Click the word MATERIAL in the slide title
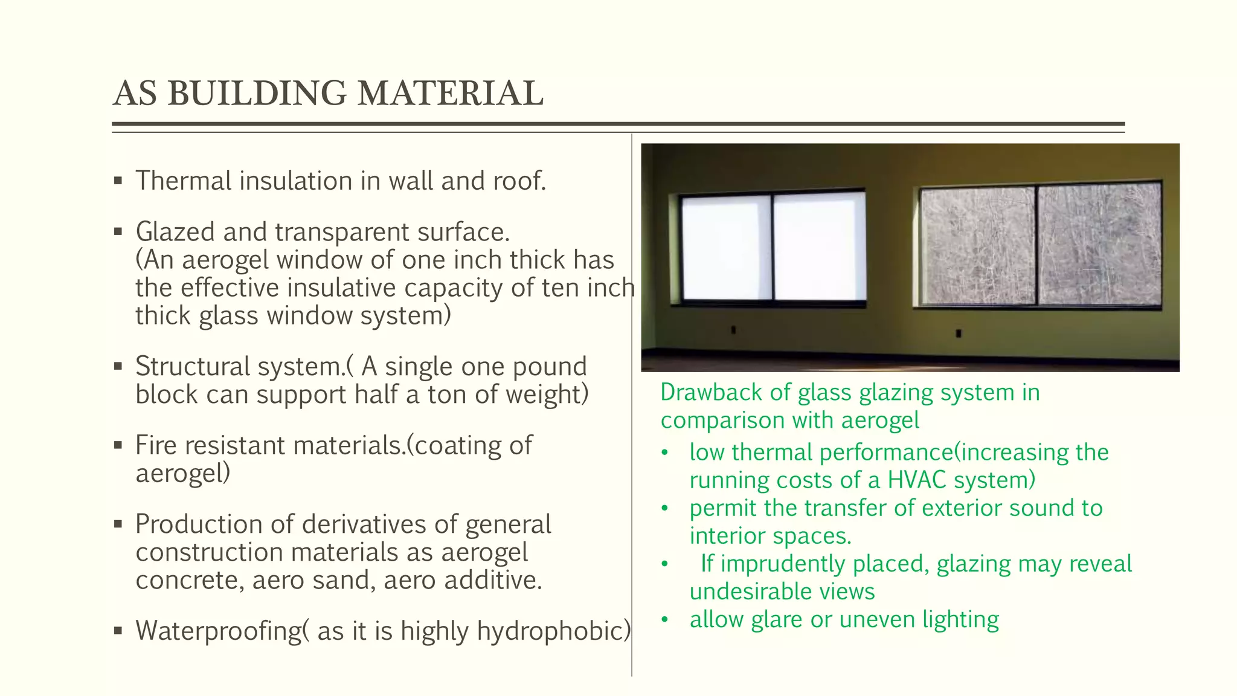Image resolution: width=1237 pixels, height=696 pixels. (x=450, y=94)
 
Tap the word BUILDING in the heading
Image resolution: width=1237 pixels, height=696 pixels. (x=257, y=94)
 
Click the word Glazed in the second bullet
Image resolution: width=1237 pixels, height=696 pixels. (x=175, y=232)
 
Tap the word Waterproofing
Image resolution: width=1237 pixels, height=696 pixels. (x=217, y=631)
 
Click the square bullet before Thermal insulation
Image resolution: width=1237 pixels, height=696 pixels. (x=118, y=181)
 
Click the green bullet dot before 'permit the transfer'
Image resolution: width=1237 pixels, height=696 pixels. (x=665, y=509)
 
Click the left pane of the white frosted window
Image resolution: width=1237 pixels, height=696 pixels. (x=727, y=248)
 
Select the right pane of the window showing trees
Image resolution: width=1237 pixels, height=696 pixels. (x=1098, y=245)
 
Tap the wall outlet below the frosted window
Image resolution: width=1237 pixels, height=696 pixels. (x=733, y=330)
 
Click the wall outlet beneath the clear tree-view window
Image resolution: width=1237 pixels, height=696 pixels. (x=959, y=333)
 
